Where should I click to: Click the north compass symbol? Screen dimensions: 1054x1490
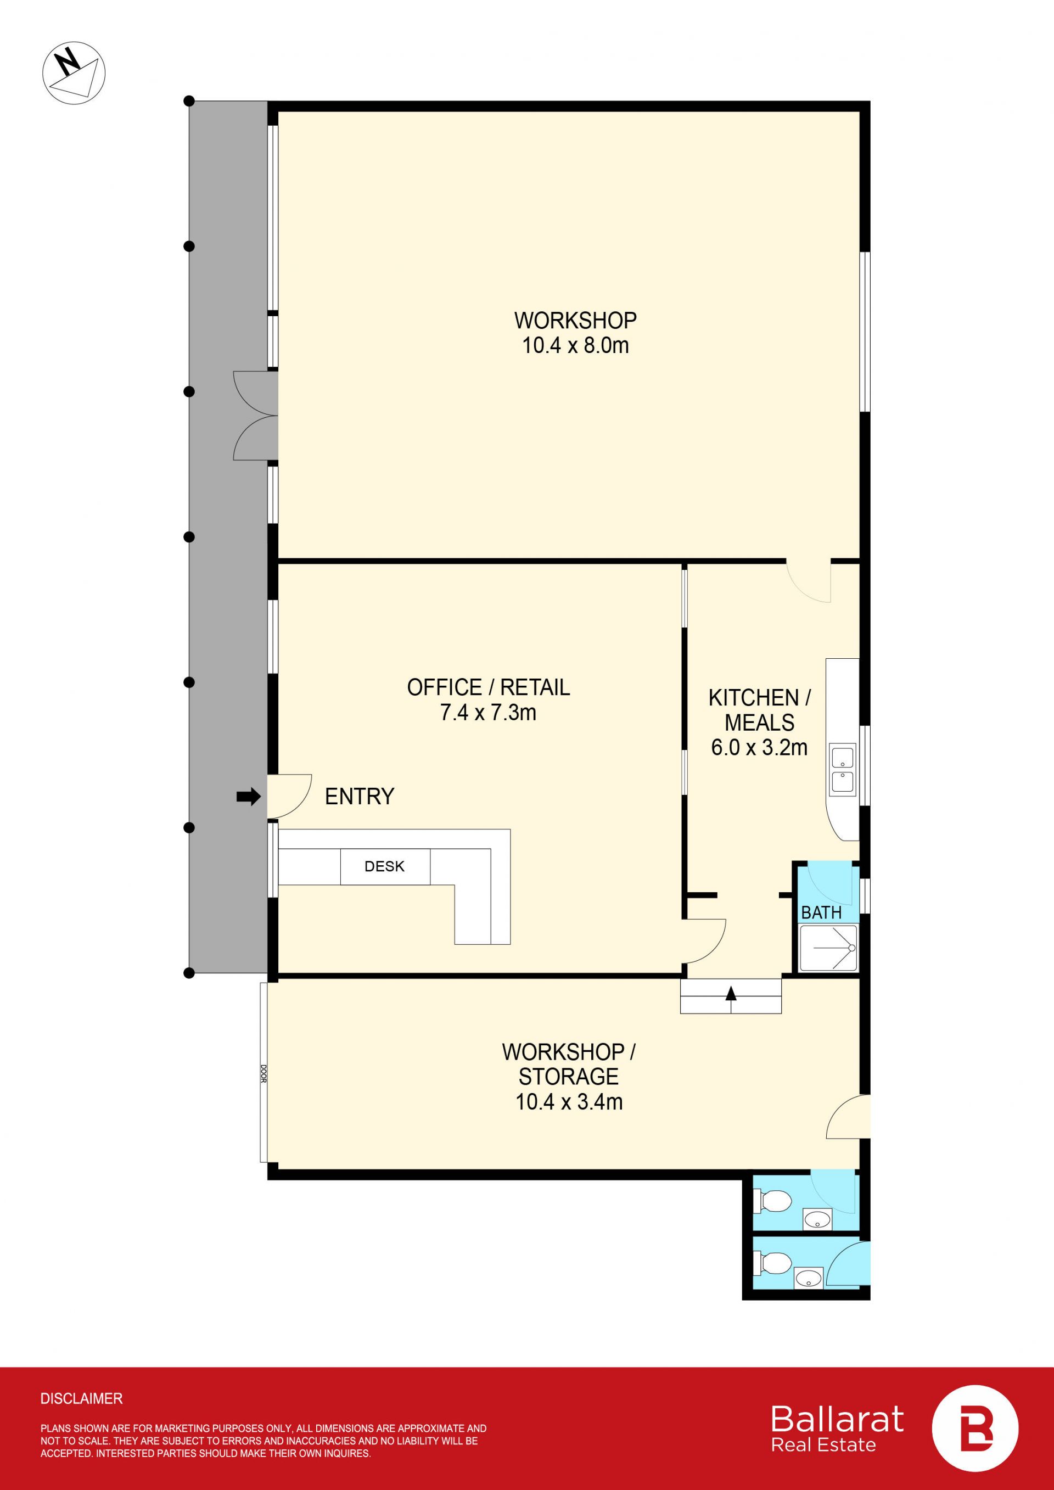tap(74, 71)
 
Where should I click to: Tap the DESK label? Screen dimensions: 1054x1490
tap(384, 866)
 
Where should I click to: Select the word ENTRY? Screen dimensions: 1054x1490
tap(360, 796)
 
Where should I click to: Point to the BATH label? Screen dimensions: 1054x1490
tap(821, 912)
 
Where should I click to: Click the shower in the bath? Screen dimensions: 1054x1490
tap(828, 948)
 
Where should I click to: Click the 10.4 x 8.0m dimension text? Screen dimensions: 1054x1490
tap(576, 345)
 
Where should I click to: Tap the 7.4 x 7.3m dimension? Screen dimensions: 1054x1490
tap(488, 713)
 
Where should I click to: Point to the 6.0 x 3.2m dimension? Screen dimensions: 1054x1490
tap(759, 747)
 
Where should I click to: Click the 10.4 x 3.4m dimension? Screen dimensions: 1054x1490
tap(569, 1101)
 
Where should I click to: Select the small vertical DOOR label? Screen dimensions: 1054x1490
tap(263, 1073)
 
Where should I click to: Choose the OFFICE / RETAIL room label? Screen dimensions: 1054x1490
tap(488, 687)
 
